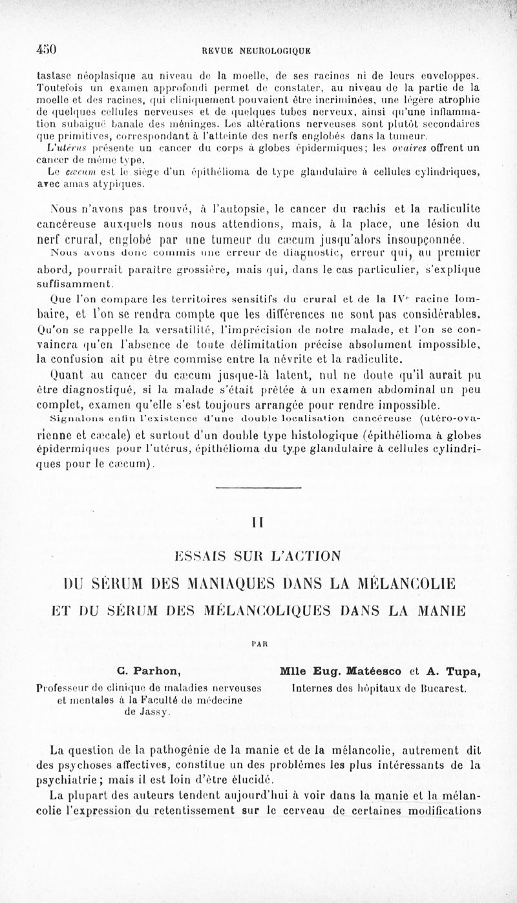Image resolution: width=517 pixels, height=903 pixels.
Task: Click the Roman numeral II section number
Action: tap(258, 522)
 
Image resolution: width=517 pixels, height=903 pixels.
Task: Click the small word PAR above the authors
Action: tap(258, 644)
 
